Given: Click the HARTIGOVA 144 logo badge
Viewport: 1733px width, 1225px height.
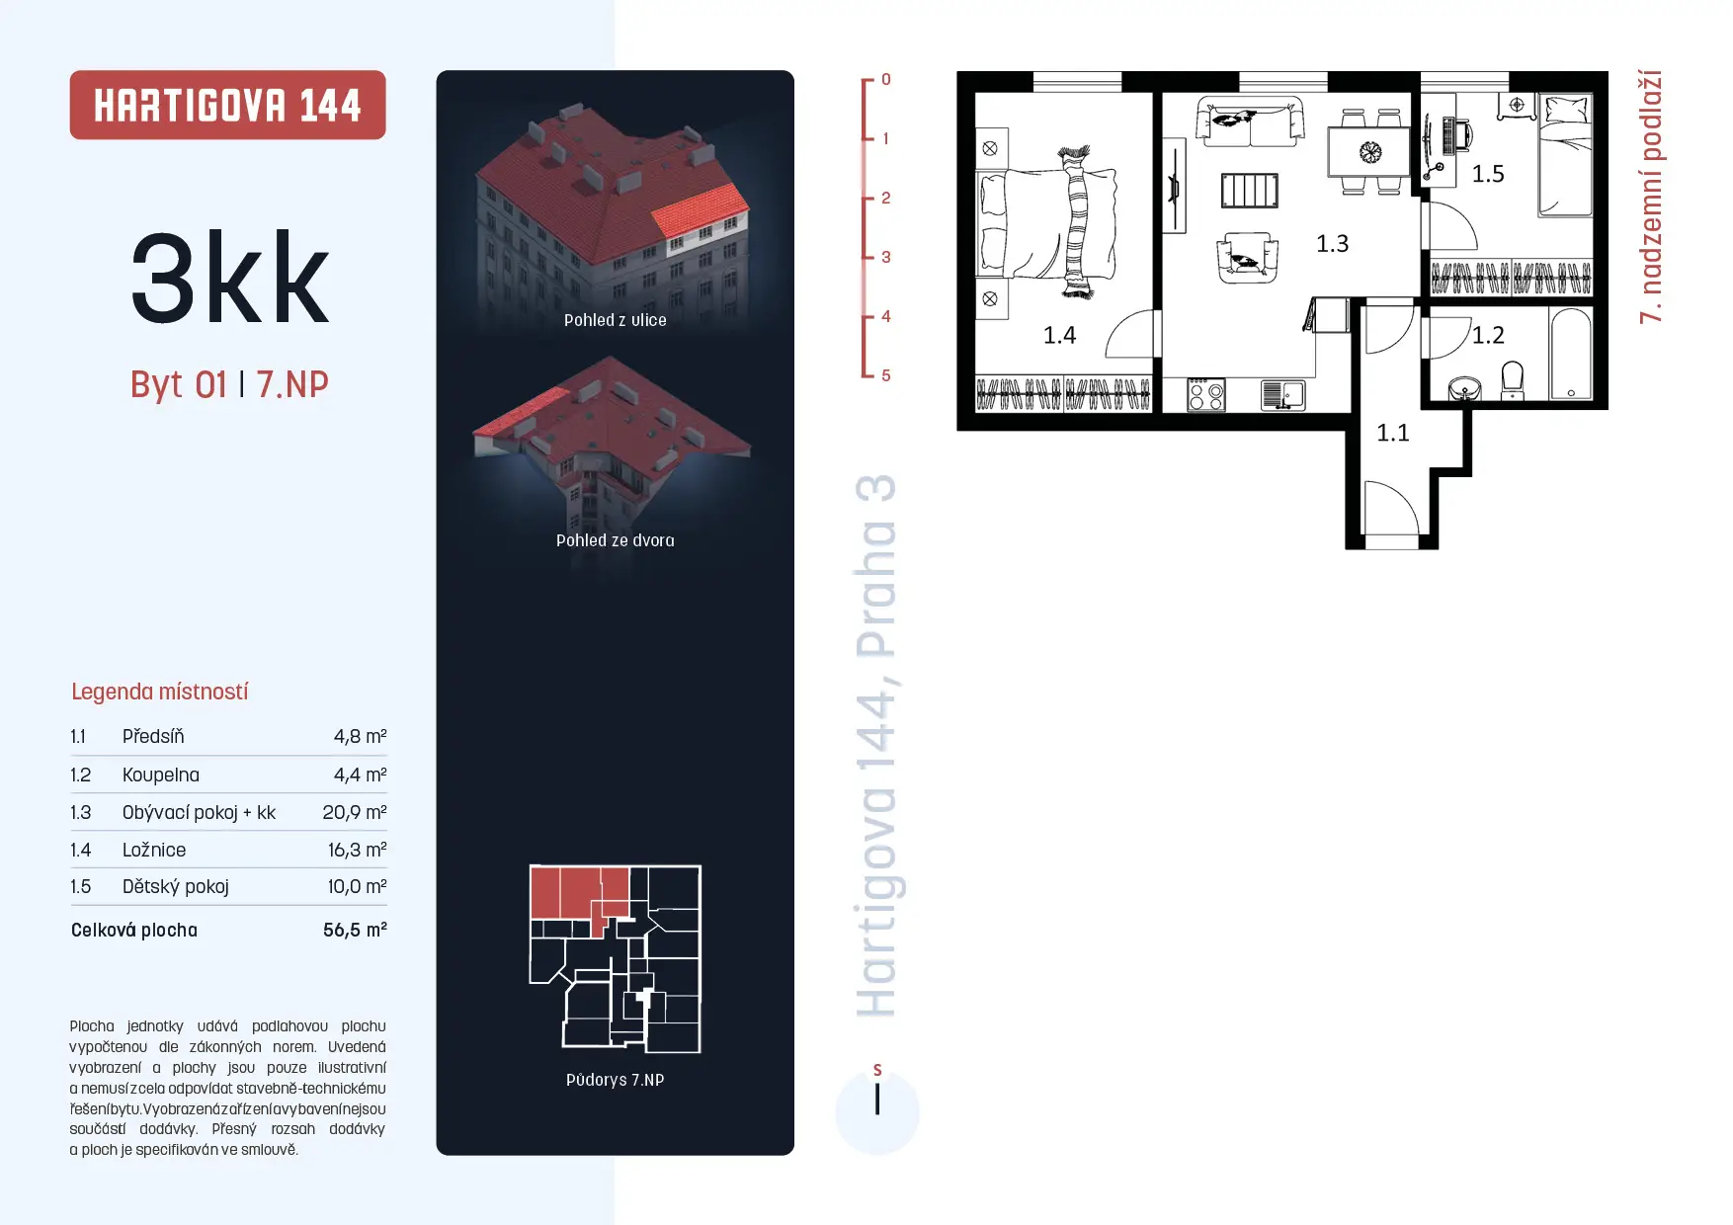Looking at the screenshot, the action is point(227,105).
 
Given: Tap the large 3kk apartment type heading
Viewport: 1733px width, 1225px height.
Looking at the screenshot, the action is point(230,278).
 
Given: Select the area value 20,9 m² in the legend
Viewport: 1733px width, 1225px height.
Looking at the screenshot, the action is point(355,812).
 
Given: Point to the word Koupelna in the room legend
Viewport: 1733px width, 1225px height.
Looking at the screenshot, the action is point(161,775).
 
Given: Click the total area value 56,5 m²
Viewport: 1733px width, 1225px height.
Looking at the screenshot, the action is point(355,930).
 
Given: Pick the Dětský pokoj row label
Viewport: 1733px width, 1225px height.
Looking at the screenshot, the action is point(176,886).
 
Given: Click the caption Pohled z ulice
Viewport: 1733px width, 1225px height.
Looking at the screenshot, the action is point(616,320).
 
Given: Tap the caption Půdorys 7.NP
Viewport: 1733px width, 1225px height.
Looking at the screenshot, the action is point(616,1080).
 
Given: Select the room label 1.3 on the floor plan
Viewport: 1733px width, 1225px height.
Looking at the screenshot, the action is point(1332,243).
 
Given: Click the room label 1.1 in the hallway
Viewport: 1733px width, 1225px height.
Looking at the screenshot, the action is point(1393,433).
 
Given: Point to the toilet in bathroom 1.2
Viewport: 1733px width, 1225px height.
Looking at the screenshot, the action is point(1513,380).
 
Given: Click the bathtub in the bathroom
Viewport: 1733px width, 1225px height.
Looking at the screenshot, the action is point(1571,354).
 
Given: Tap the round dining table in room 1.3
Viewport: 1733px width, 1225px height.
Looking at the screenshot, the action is point(1370,151).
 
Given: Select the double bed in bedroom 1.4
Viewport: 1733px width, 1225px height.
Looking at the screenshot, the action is point(1048,222).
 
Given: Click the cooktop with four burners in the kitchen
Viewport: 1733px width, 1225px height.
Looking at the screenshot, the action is point(1205,395).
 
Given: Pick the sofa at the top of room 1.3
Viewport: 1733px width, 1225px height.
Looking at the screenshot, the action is point(1249,122).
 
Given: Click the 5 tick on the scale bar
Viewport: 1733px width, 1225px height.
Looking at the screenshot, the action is point(885,375).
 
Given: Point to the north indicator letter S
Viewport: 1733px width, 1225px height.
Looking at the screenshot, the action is point(877,1070).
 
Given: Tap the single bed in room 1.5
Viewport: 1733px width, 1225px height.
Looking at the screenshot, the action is point(1565,155).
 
